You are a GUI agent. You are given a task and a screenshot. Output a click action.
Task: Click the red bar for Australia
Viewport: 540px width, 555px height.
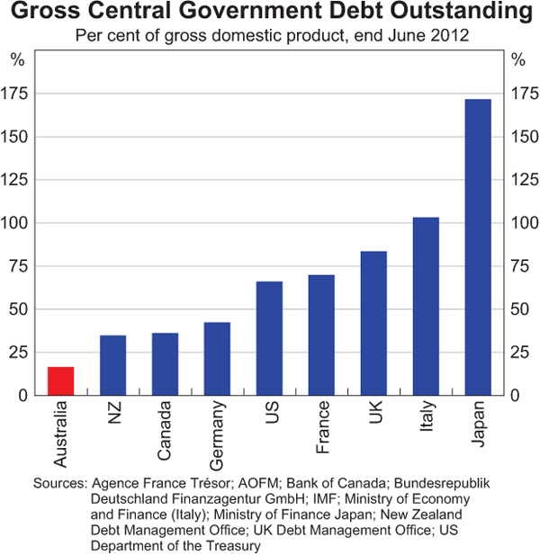pyautogui.click(x=60, y=381)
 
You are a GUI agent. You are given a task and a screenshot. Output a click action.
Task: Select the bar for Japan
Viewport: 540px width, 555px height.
pyautogui.click(x=478, y=247)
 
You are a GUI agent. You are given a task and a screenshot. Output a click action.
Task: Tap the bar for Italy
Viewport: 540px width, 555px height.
pyautogui.click(x=426, y=306)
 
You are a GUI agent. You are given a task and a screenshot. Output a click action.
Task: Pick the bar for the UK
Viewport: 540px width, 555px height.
pyautogui.click(x=373, y=323)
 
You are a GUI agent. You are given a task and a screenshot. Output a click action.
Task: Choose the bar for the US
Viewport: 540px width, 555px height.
pyautogui.click(x=269, y=338)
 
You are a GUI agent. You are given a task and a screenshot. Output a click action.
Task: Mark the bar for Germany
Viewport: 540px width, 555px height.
pyautogui.click(x=217, y=359)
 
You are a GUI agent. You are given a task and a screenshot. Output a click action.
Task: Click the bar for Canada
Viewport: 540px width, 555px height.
pyautogui.click(x=165, y=364)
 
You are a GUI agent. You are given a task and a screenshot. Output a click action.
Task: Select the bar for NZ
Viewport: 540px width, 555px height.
pyautogui.click(x=112, y=365)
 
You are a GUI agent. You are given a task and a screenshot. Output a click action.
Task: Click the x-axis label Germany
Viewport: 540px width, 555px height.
pyautogui.click(x=218, y=438)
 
